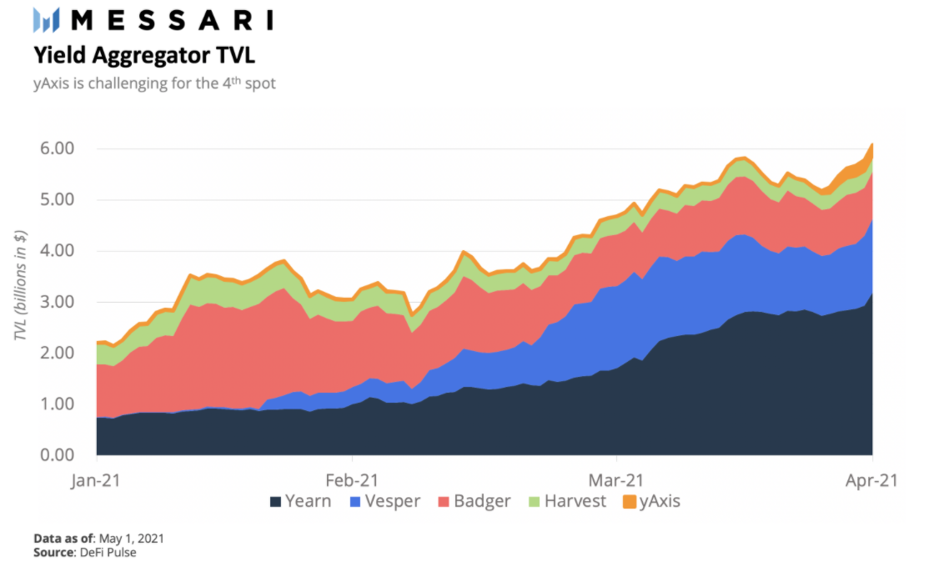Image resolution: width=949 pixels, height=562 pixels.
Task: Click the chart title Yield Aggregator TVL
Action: tap(143, 56)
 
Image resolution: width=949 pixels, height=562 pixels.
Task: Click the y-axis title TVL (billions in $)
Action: tap(21, 298)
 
